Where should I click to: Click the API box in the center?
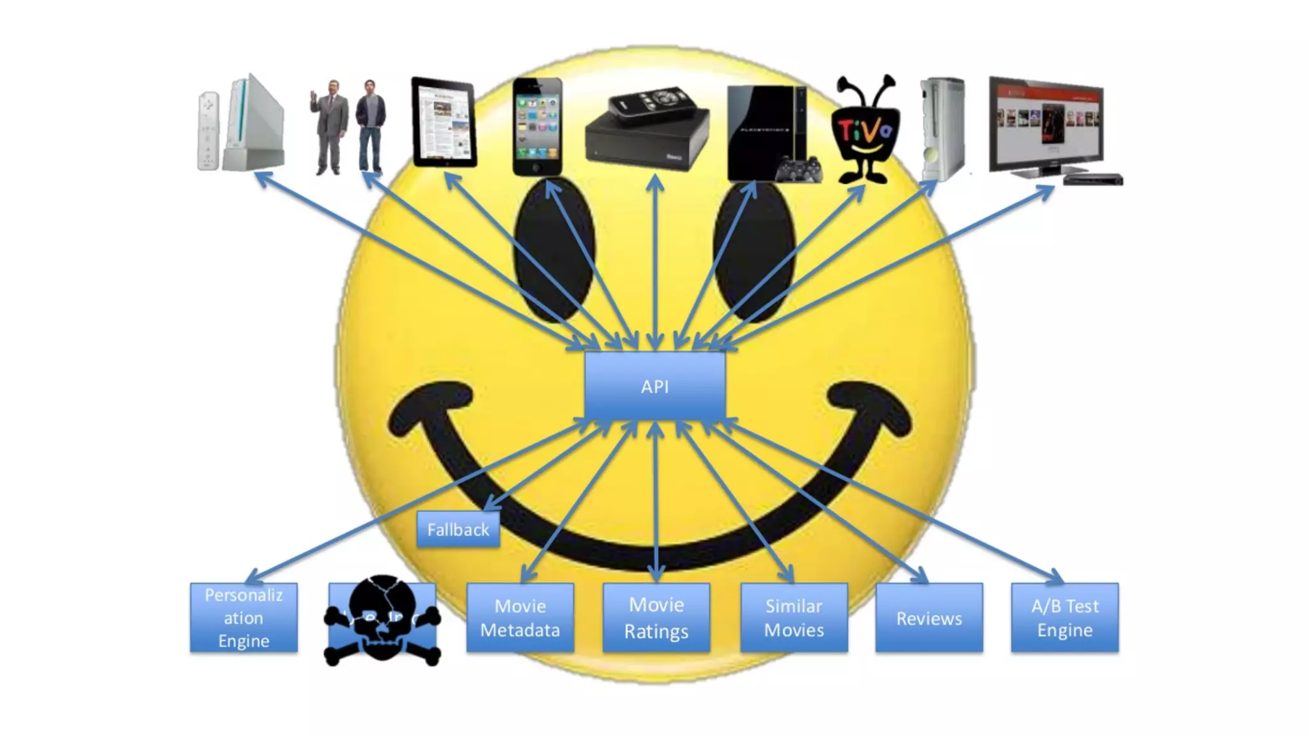pos(654,386)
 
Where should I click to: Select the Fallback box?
pos(458,530)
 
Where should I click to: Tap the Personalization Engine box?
pos(244,617)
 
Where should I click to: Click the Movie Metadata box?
pos(520,617)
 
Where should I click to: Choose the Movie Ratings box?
pos(656,617)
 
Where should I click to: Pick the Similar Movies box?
pos(794,617)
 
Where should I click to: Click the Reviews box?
pos(929,617)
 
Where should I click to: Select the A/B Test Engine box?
pos(1064,617)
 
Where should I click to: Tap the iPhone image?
pos(537,126)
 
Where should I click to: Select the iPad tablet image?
pos(444,123)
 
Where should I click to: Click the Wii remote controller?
pos(208,131)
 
